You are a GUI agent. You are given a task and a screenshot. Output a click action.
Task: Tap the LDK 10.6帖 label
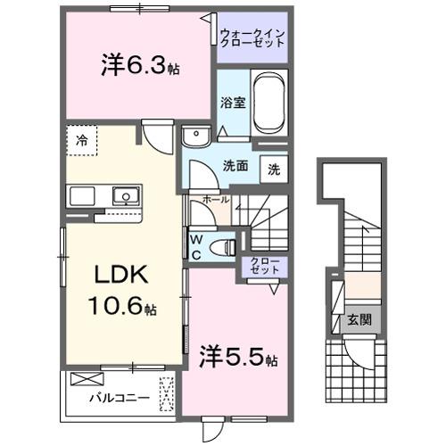(122, 290)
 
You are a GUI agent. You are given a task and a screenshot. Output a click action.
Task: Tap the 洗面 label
(235, 165)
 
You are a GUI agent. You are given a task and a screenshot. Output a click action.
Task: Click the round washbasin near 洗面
(194, 136)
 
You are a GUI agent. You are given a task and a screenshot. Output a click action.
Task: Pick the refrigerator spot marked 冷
(82, 141)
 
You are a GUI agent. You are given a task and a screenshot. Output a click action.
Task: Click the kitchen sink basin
(124, 195)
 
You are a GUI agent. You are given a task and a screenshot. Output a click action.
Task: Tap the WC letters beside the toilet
(195, 245)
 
